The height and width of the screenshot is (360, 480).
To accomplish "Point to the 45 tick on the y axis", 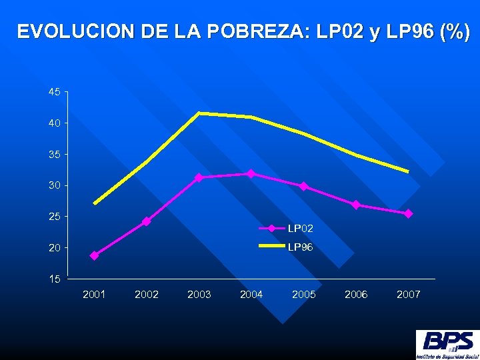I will pos(54,92).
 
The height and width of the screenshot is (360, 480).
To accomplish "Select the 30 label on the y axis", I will pos(54,185).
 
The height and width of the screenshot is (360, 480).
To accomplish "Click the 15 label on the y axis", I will pos(54,279).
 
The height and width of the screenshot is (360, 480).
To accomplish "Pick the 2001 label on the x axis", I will pos(94,294).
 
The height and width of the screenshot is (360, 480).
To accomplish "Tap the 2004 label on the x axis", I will pos(251,294).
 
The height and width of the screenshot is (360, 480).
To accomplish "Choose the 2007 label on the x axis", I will pos(408,294).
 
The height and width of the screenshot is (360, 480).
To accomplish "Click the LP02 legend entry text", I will pos(301,229).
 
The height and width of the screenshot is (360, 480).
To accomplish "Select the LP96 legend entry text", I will pos(301,247).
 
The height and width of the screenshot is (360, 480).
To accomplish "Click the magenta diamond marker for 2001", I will pos(94,255).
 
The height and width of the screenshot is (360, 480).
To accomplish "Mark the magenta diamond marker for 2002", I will pos(146,221).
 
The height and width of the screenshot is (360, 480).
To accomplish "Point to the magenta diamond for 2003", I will pos(199,177).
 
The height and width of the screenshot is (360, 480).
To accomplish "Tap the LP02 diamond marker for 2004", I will pos(251,173).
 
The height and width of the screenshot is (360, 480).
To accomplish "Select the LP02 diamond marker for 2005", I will pos(303,186).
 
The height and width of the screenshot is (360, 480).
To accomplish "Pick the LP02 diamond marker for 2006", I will pos(356,205).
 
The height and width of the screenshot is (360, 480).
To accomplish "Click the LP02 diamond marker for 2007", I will pos(408,213).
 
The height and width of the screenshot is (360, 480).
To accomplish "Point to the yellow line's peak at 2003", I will pos(199,113).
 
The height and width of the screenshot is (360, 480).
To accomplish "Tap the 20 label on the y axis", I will pos(54,247).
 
